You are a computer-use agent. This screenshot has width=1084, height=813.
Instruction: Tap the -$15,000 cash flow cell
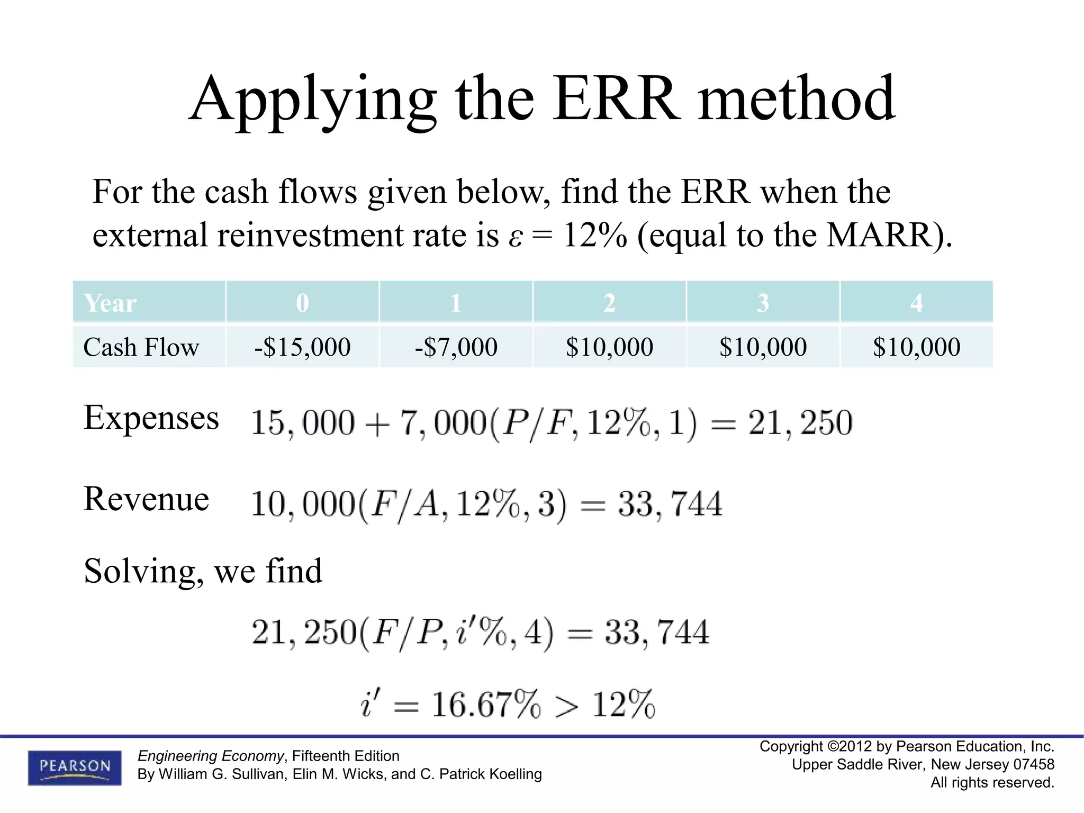[x=302, y=347]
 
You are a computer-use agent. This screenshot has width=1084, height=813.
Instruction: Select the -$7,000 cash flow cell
[x=456, y=347]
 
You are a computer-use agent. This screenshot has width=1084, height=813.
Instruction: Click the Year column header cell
[x=149, y=303]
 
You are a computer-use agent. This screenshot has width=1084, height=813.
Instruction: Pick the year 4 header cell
[x=916, y=303]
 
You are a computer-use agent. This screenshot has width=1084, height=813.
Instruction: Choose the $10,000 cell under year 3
[x=763, y=347]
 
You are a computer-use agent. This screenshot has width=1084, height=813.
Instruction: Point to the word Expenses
[x=151, y=418]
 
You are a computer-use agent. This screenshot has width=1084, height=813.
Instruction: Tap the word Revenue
[x=146, y=499]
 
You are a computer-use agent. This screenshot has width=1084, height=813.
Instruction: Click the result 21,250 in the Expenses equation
[x=800, y=423]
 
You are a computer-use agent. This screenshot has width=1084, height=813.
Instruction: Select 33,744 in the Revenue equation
[x=670, y=503]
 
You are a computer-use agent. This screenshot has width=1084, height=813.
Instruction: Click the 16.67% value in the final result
[x=486, y=705]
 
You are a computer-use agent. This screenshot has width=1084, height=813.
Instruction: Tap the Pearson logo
[x=75, y=767]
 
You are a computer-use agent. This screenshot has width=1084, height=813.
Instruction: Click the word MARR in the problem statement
[x=879, y=235]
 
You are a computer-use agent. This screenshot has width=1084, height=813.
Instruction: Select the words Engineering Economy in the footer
[x=211, y=756]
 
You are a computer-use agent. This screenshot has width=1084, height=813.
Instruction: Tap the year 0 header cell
[x=302, y=303]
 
